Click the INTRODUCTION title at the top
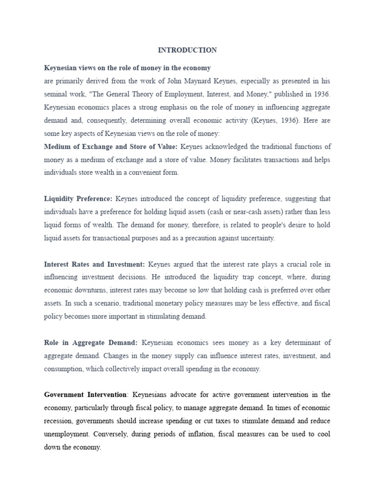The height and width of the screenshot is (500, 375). coord(187,50)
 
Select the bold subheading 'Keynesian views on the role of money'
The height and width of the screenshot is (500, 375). coord(127,68)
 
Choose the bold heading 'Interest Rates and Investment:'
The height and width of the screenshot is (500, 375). coord(94,264)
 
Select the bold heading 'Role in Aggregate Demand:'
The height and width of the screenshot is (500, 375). coord(91,343)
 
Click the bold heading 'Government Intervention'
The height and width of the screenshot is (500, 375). coord(85,395)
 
